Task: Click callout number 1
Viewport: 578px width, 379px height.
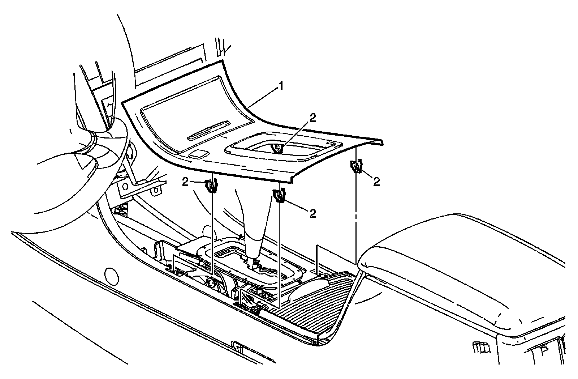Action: click(280, 86)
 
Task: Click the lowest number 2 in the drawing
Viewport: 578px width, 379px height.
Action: click(313, 213)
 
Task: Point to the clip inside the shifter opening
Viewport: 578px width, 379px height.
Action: click(277, 148)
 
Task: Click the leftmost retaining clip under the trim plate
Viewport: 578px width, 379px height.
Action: click(211, 186)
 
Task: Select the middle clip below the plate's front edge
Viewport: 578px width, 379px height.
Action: click(280, 196)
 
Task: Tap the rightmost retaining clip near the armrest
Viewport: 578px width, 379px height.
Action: click(356, 167)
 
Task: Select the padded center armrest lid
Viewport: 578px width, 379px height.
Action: click(459, 268)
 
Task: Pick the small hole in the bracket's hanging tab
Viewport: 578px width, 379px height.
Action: click(156, 190)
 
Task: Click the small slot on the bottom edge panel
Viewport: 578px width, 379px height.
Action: click(239, 348)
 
